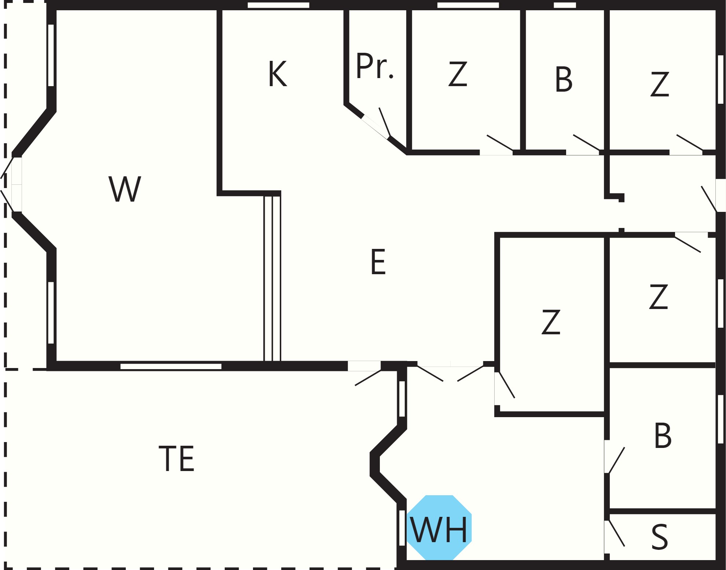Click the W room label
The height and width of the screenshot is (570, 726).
click(125, 189)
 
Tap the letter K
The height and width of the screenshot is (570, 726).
click(278, 74)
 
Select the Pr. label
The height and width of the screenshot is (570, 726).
click(375, 66)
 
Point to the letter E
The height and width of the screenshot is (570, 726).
click(378, 261)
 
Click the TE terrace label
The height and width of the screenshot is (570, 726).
click(176, 458)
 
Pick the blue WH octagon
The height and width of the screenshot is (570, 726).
click(439, 527)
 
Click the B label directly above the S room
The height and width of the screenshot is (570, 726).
click(663, 435)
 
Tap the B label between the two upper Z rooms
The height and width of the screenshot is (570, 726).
click(564, 79)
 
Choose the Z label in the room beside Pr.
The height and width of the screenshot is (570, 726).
click(458, 74)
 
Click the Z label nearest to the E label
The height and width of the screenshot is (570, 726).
click(551, 322)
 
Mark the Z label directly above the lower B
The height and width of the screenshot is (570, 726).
click(659, 297)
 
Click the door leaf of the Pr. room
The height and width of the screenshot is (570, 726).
click(385, 122)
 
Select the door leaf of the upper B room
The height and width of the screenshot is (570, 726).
click(587, 143)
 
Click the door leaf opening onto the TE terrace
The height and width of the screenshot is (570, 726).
click(368, 378)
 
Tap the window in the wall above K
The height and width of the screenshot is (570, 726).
click(278, 5)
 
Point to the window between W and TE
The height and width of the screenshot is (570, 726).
click(171, 366)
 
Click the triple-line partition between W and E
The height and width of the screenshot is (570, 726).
click(272, 278)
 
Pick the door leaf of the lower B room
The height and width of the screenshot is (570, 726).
click(616, 460)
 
